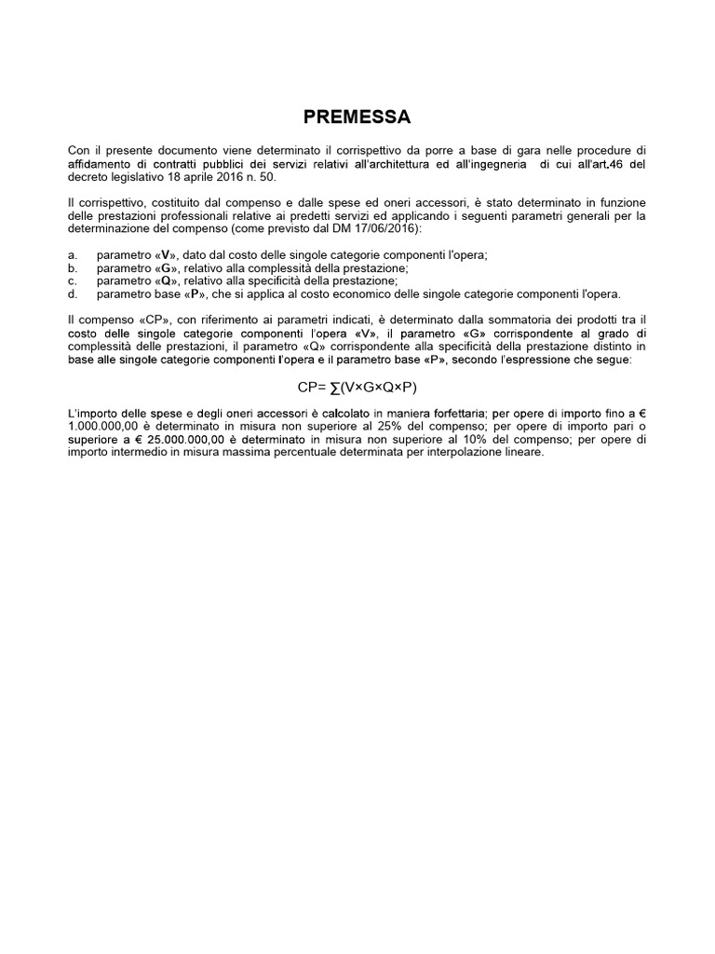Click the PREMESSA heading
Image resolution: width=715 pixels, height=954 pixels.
(357, 117)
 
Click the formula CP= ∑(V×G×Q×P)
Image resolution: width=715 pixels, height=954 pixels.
(357, 387)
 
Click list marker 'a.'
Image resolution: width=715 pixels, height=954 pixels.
(73, 255)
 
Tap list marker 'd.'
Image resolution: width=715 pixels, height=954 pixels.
(73, 294)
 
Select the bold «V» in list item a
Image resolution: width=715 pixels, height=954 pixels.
(165, 255)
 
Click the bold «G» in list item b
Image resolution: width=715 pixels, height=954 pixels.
(165, 268)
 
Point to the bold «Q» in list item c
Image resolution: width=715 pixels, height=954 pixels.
(165, 281)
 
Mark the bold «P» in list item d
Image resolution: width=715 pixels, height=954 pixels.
(196, 294)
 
